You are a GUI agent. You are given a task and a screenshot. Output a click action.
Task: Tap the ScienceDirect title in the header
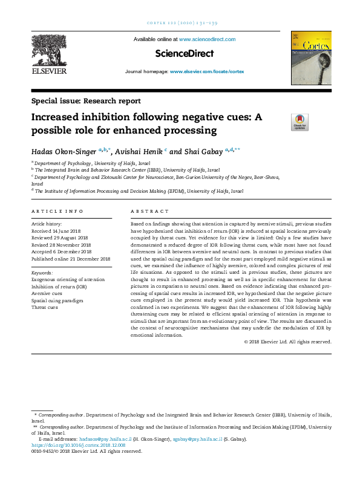click(185, 54)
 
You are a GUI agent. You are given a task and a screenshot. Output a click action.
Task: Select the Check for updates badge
click(299, 122)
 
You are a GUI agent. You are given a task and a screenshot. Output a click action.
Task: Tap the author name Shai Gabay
click(202, 150)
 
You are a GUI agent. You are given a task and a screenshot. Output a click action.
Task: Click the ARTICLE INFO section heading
click(57, 212)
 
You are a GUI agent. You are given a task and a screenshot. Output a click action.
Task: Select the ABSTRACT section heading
click(150, 212)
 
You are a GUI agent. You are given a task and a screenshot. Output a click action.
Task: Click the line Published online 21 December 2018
click(71, 259)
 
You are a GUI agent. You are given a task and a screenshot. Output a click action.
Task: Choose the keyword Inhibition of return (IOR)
click(59, 287)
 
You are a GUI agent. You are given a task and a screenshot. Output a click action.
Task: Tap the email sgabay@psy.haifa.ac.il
click(197, 438)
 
